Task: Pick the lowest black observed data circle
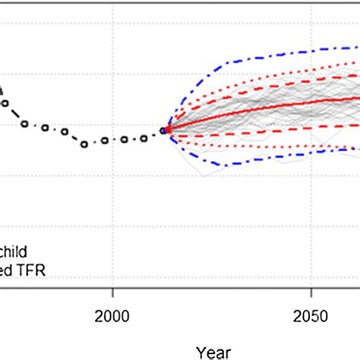[x=85, y=143]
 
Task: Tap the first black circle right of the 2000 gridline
[x=125, y=140]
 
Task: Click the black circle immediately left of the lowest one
[x=65, y=131]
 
